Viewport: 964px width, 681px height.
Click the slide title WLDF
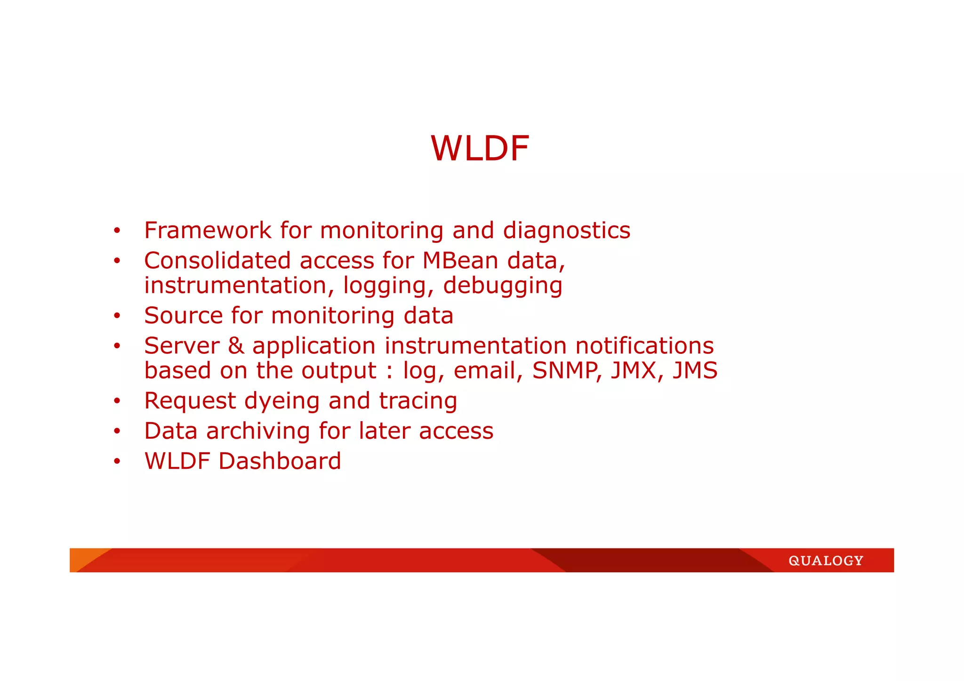point(480,149)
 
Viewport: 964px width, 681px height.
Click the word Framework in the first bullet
point(208,231)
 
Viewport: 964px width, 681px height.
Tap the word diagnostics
point(566,231)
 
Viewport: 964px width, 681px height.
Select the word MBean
point(460,261)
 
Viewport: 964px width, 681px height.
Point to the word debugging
point(502,286)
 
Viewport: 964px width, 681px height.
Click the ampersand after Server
point(236,346)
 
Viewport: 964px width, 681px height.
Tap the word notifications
point(644,346)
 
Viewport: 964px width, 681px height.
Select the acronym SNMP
point(567,370)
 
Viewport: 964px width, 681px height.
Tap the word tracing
point(418,401)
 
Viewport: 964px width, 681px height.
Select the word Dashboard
point(280,461)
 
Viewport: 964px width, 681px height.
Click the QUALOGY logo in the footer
point(826,561)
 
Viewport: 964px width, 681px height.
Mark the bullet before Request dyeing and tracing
point(117,401)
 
